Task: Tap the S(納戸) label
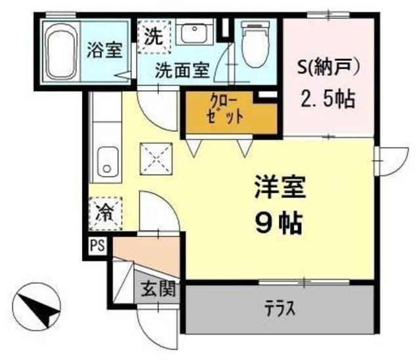327,68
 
